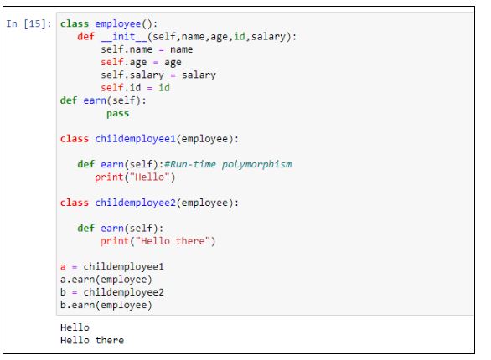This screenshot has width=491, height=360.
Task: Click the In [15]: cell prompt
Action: [28, 23]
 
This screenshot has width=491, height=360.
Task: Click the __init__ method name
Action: [124, 37]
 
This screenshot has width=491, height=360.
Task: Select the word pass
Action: [118, 114]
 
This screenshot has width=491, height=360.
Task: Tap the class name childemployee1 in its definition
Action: [135, 138]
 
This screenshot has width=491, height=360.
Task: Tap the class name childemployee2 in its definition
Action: [135, 203]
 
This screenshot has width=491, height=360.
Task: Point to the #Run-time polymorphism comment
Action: [228, 164]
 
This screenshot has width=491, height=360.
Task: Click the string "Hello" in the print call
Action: [150, 177]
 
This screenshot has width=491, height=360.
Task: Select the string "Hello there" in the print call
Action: [173, 241]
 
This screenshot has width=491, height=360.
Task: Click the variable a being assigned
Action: [63, 267]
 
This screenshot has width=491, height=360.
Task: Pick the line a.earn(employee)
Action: [106, 280]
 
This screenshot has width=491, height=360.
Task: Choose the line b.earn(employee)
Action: [106, 305]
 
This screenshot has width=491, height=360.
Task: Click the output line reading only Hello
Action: [75, 327]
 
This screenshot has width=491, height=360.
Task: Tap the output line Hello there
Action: [92, 340]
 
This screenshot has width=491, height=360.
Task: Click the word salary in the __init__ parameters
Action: [268, 37]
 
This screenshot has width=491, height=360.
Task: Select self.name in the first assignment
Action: [127, 49]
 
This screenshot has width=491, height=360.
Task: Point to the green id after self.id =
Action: [164, 88]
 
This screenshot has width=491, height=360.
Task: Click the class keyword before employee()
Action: [75, 23]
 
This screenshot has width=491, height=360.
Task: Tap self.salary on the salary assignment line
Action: [132, 75]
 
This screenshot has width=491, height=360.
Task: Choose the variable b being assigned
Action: [63, 292]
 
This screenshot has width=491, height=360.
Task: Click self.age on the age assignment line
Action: [124, 62]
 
